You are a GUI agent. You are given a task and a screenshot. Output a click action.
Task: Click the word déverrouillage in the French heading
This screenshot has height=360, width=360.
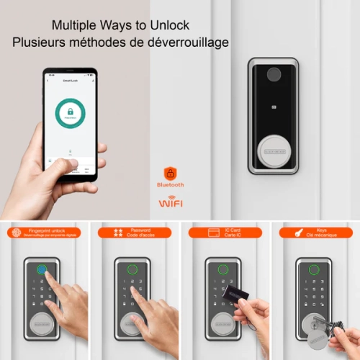coord(186,42)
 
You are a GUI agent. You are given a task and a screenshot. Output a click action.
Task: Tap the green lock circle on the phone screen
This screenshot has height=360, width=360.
coord(71,114)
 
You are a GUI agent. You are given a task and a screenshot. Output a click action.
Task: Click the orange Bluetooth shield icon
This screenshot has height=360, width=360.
coord(171,173)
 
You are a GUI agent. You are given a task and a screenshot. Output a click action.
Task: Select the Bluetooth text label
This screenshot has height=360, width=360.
coord(171,185)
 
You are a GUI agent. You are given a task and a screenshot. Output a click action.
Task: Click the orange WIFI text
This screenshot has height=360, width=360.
coord(171,204)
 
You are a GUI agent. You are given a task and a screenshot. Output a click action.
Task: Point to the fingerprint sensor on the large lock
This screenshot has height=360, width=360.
coord(274,75)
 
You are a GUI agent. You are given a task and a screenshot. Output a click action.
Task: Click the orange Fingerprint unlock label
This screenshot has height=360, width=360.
coord(45,233)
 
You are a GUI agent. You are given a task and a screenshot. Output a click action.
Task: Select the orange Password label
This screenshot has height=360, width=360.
coord(135,233)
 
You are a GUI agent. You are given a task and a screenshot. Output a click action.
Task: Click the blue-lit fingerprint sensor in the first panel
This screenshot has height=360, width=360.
coord(42,272)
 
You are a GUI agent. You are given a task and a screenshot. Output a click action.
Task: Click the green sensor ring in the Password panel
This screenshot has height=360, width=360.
coord(132,272)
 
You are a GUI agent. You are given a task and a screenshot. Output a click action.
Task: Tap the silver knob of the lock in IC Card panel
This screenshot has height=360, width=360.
coord(222,324)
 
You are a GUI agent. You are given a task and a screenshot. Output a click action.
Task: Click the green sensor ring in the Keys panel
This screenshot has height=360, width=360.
coord(312,272)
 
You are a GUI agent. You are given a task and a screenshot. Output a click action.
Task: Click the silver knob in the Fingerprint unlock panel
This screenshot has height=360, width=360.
coord(42,324)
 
